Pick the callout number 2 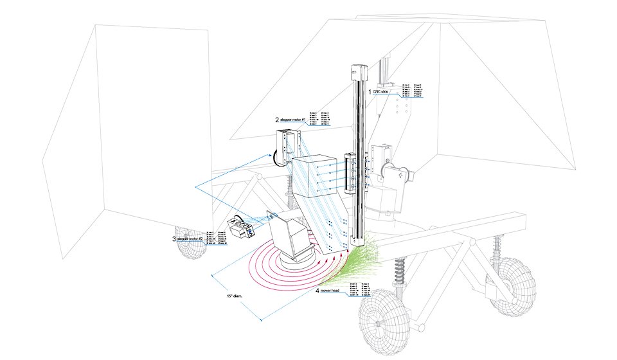coord(277,120)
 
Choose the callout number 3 coord(174,239)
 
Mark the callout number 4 coord(317,291)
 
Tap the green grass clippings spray coord(350,264)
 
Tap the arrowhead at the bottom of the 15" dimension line coord(262,319)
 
